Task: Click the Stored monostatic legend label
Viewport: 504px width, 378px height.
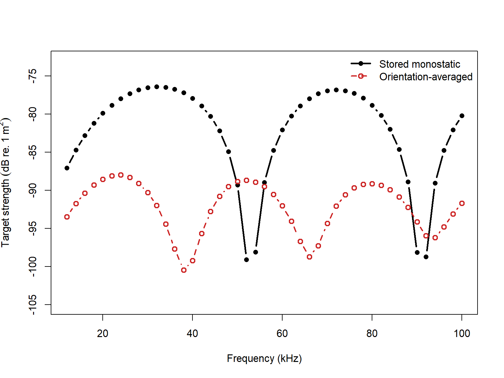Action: pos(419,64)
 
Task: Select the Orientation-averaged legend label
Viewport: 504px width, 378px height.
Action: pos(426,77)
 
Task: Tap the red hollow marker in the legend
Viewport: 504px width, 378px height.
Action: pos(361,76)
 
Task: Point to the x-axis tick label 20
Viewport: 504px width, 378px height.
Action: pos(103,333)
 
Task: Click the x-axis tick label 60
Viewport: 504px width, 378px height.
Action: pos(282,333)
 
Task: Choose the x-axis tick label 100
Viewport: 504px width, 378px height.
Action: pos(462,333)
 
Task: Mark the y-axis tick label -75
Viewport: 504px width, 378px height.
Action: pos(32,76)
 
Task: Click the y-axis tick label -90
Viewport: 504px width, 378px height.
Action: pos(32,190)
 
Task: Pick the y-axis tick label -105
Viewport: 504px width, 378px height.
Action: pos(32,305)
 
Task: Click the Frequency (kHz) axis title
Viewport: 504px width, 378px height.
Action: pos(264,358)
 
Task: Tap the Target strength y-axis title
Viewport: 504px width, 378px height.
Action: pos(6,183)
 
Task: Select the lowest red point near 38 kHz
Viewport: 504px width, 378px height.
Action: pos(184,270)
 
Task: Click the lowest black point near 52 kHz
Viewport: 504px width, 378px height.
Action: pos(246,260)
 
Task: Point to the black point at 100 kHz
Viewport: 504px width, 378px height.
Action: pos(462,116)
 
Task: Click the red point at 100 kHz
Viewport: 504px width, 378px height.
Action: pos(462,203)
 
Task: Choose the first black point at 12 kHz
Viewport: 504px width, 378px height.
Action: pos(67,168)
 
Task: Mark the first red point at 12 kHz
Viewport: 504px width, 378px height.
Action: pos(67,217)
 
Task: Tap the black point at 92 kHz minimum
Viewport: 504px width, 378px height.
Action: pos(426,257)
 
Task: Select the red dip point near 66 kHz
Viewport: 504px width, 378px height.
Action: pos(309,257)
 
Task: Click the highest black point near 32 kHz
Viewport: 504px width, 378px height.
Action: pos(157,87)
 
